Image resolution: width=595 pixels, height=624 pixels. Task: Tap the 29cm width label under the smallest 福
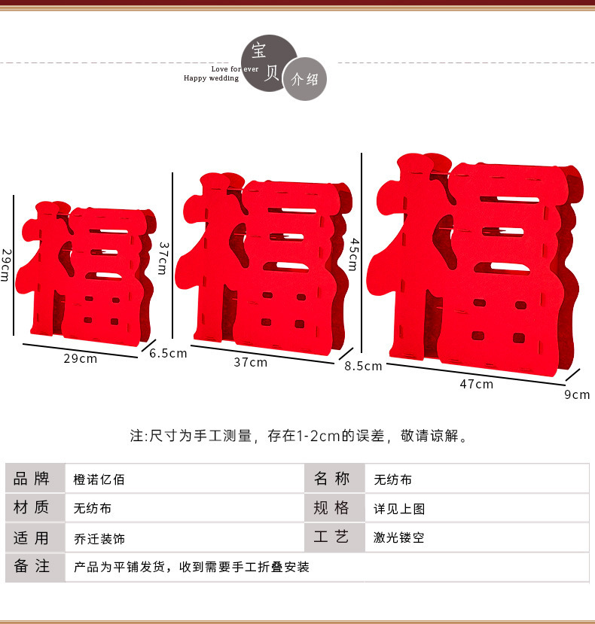(x=80, y=358)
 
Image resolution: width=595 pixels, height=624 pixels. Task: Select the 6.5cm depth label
(x=167, y=353)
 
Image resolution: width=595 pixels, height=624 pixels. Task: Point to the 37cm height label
(x=162, y=258)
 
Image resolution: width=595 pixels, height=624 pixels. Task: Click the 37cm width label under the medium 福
(x=250, y=362)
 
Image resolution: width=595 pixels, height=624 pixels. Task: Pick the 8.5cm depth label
(x=363, y=367)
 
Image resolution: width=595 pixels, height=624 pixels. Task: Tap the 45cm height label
(x=352, y=254)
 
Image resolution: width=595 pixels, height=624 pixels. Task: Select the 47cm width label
(x=476, y=384)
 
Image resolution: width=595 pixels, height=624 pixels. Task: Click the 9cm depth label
(x=577, y=394)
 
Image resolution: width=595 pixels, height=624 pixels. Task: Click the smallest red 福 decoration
(x=89, y=272)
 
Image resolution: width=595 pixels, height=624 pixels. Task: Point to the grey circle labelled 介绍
(x=305, y=78)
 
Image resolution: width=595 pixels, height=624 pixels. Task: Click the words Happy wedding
(x=211, y=78)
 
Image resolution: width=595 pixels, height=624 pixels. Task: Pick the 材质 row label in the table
(x=32, y=508)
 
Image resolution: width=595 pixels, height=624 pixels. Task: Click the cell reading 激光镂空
(x=399, y=538)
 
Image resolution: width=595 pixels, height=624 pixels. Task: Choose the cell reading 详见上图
(x=399, y=509)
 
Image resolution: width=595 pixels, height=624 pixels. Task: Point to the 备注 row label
(x=32, y=567)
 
